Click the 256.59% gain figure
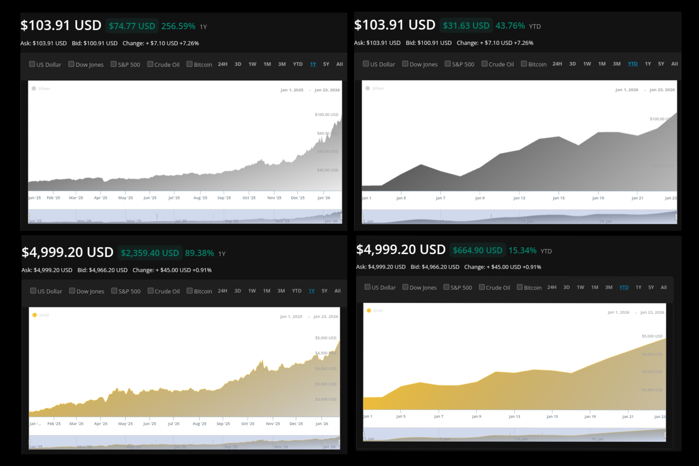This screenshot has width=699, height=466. pos(178,26)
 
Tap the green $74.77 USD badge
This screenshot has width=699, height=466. pos(132,26)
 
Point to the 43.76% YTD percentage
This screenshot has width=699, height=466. pos(510,26)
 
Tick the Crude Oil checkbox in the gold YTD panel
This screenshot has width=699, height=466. pos(482,287)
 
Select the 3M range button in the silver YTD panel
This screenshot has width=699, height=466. pos(616,64)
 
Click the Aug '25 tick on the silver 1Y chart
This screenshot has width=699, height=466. pos(200,198)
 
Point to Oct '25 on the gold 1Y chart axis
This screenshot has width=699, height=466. pos(248,423)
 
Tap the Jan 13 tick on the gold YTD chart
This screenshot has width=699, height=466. pos(514,416)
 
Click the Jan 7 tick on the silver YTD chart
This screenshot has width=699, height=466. pos(440,198)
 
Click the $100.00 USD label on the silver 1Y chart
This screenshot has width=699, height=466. pos(326,114)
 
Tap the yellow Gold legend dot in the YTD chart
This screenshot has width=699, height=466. pos(369,311)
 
